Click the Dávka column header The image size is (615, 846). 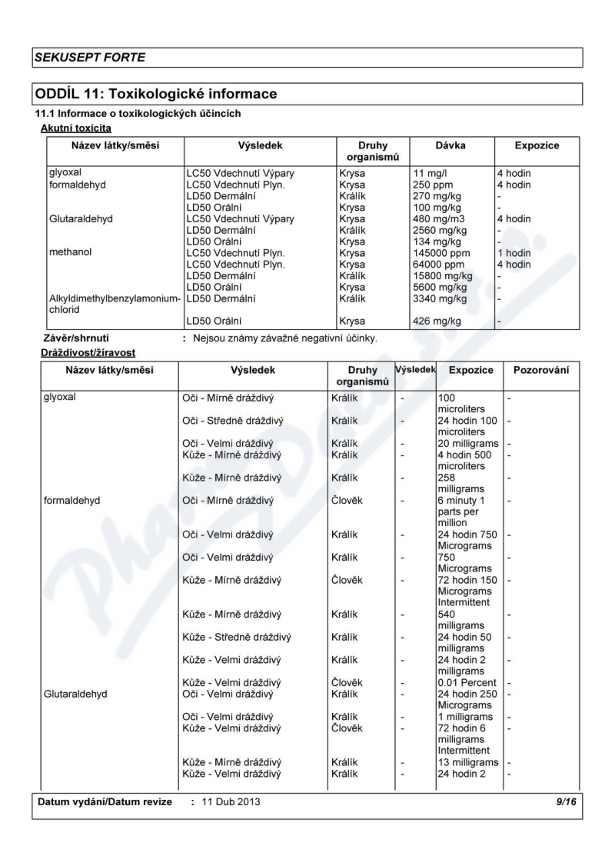450,145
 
